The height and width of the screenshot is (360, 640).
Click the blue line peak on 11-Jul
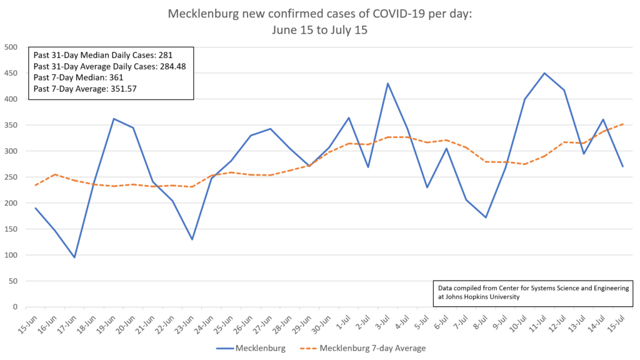pos(544,73)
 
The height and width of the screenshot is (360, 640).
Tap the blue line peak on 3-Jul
pos(387,83)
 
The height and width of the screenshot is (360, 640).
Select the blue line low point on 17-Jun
pos(74,257)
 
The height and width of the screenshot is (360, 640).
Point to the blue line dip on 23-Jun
pos(192,239)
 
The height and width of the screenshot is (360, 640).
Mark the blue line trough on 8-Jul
pos(486,217)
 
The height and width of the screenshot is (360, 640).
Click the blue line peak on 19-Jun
pos(114,119)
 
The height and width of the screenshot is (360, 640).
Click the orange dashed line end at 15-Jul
pos(622,124)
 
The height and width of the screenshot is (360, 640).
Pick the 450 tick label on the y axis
pos(11,73)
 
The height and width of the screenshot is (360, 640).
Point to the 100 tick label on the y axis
pos(11,255)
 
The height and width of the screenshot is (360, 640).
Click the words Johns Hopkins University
pos(482,297)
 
